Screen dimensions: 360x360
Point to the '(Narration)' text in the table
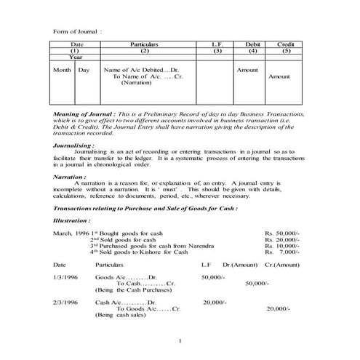pos(136,83)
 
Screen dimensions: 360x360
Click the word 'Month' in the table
pos(61,70)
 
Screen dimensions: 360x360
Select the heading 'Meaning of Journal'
pos(84,115)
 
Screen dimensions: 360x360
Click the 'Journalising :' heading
pos(74,145)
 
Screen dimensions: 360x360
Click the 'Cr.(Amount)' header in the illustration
pos(282,265)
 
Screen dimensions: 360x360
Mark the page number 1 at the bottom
pos(179,340)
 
